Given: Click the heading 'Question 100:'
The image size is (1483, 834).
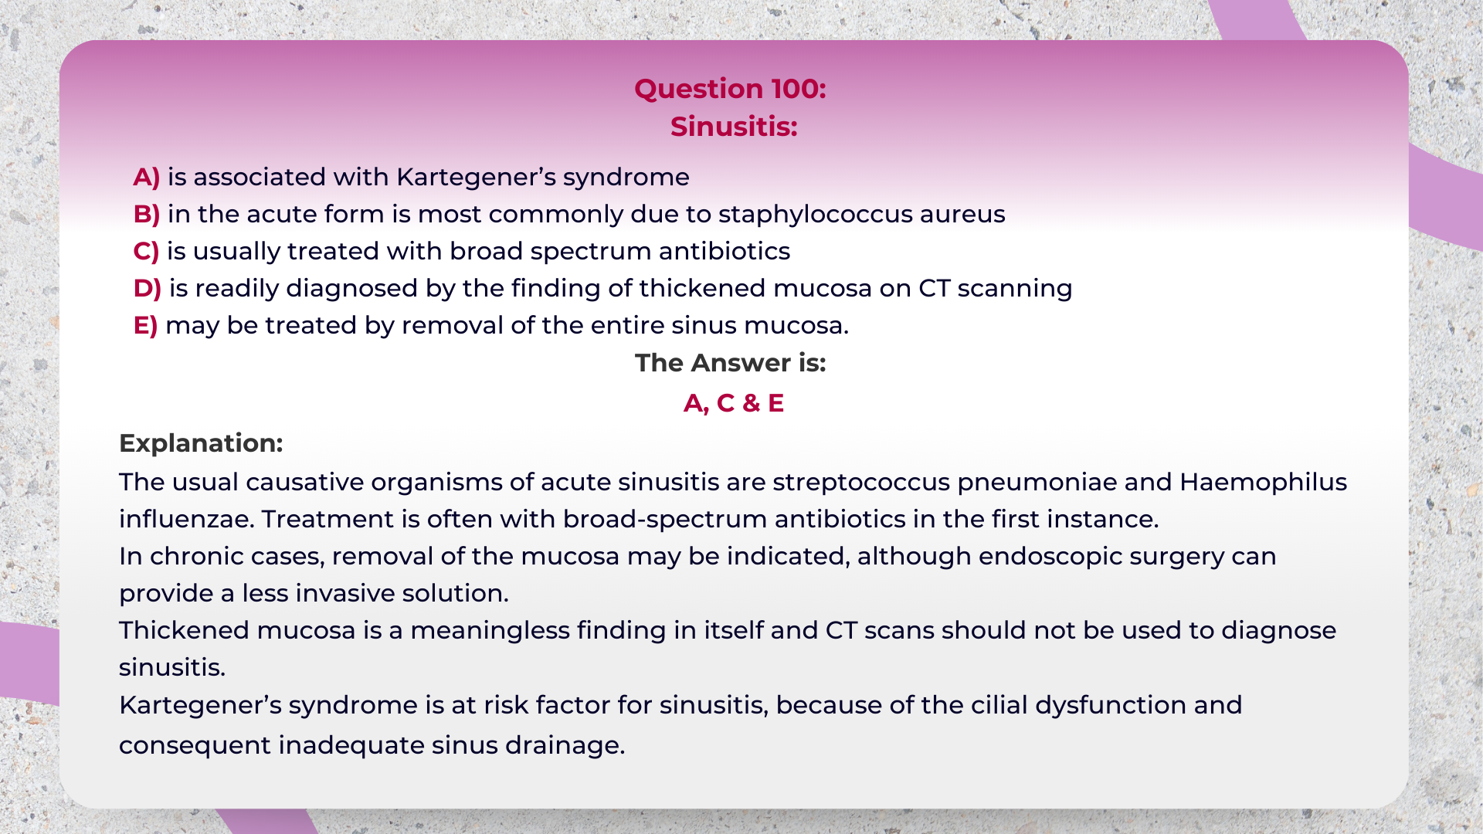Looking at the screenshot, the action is pos(730,90).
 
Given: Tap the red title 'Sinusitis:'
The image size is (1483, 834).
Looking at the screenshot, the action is pos(734,127).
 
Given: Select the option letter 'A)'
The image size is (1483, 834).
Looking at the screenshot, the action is pos(147,178).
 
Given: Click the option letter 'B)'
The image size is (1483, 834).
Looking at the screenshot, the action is pos(147,215).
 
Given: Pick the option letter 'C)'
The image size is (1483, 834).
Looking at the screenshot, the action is pos(146,252).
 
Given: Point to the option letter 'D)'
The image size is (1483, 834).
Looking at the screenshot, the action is pos(148,289).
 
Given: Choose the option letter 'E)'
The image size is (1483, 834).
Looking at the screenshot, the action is pos(145,326).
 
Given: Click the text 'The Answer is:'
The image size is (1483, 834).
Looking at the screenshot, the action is pos(731,363).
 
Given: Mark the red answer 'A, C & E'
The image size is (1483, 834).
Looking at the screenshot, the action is pos(734,403).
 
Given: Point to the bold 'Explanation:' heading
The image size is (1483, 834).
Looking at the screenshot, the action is pos(201,443).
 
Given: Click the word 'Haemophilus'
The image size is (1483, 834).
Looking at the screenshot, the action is pos(1264,483).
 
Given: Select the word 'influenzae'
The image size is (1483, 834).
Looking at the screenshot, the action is pos(186,520).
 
